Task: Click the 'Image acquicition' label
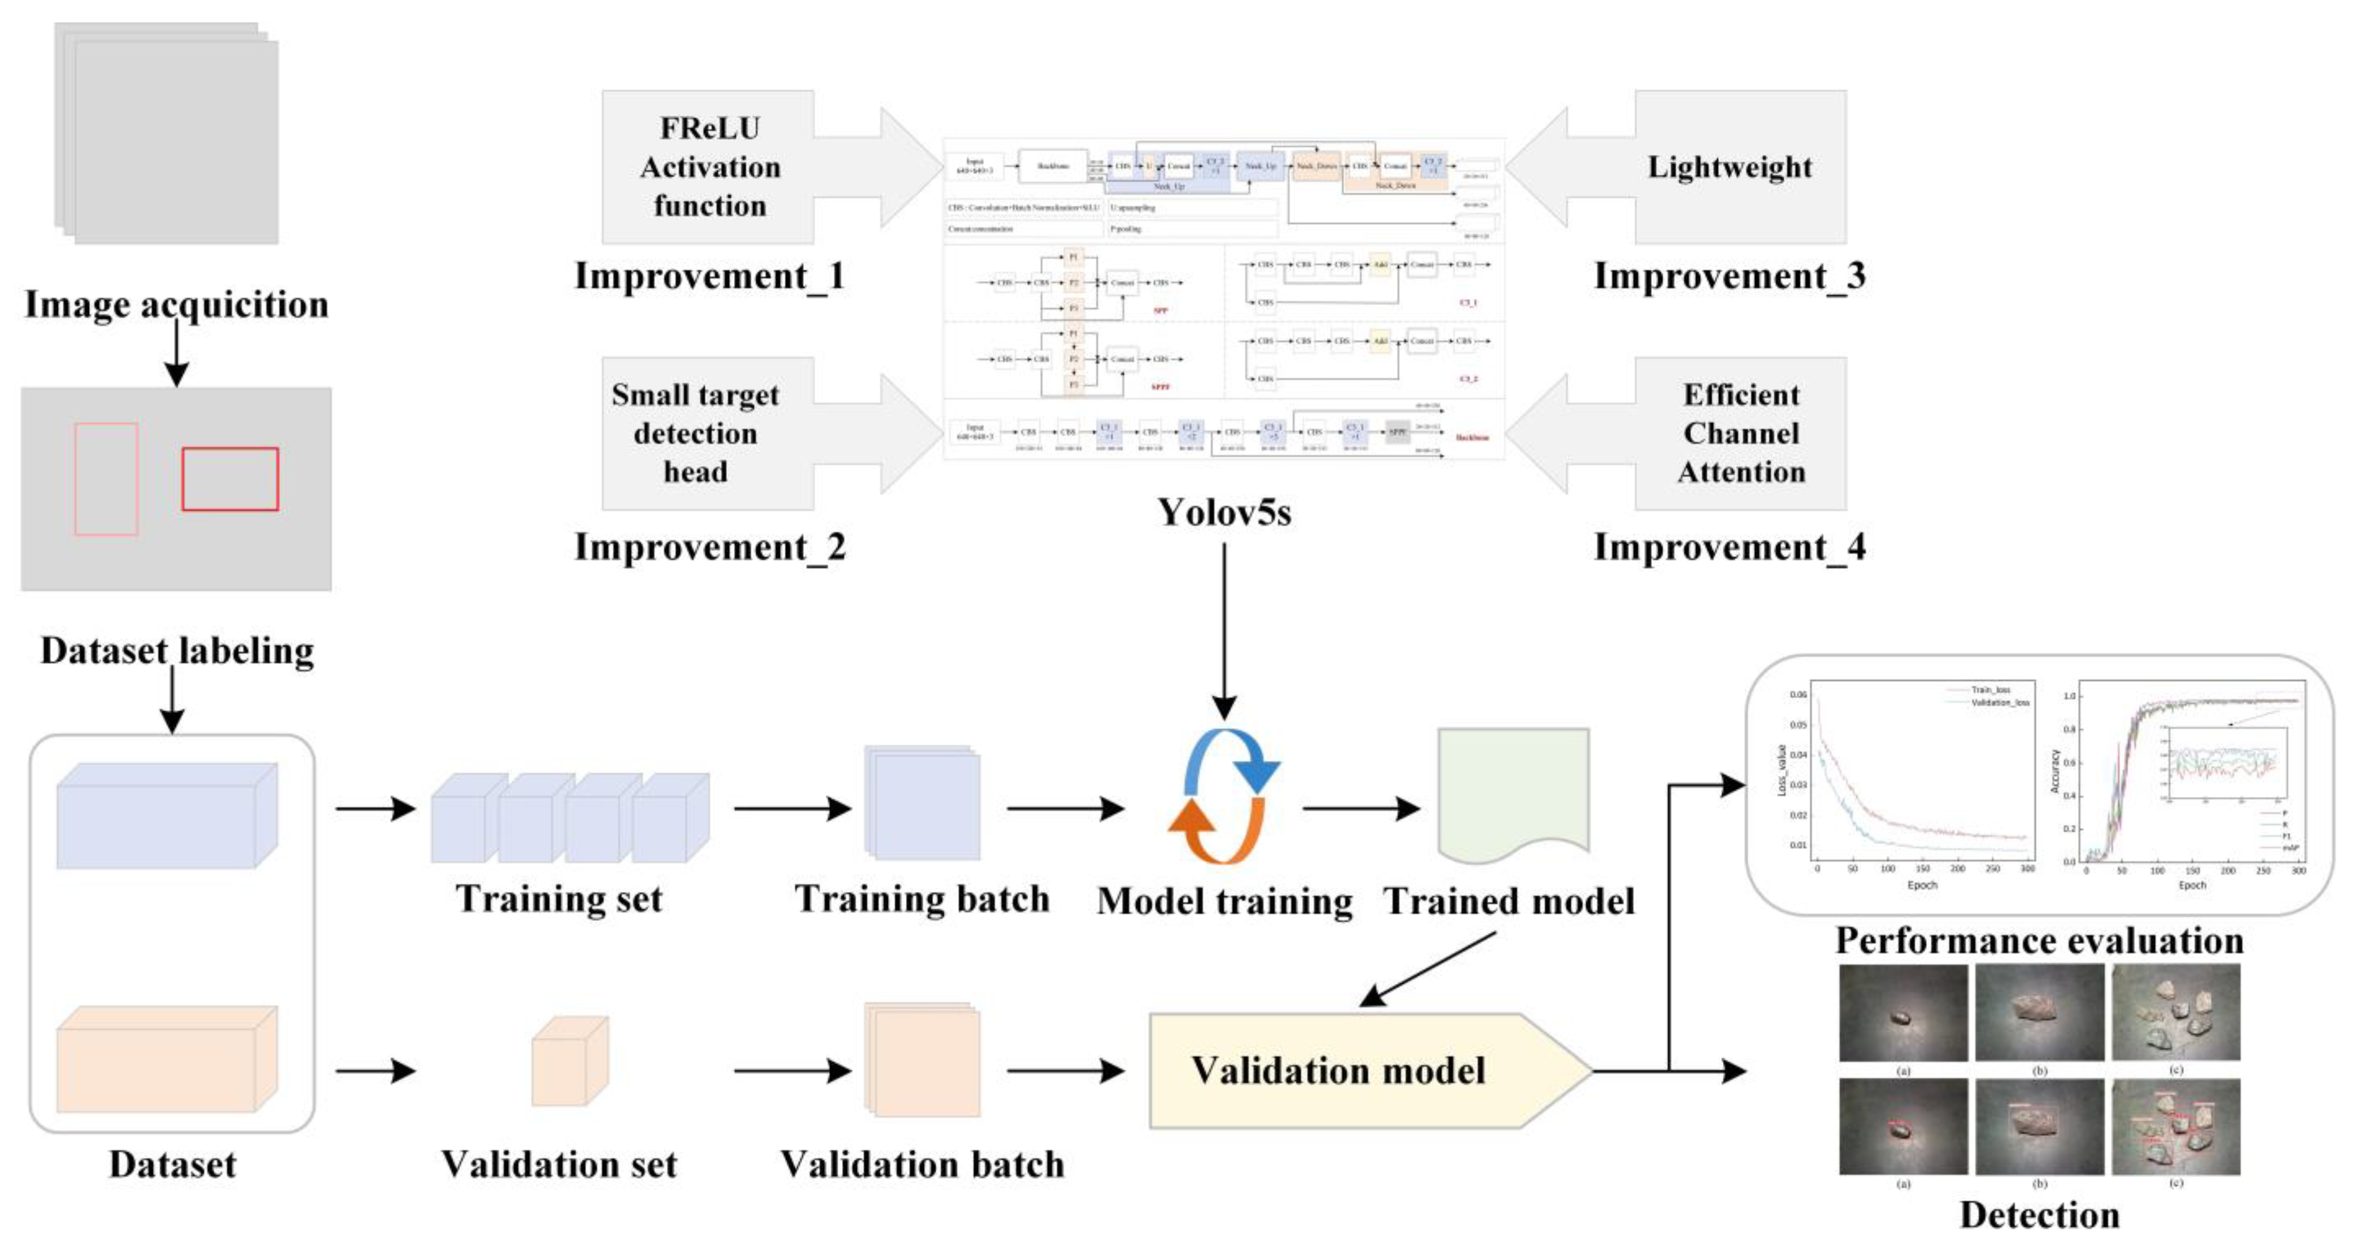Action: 177,305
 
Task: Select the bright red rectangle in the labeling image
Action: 230,478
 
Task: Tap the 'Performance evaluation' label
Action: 2040,940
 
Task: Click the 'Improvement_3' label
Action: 1729,277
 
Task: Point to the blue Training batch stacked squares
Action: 922,803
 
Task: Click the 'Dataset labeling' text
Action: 177,651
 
